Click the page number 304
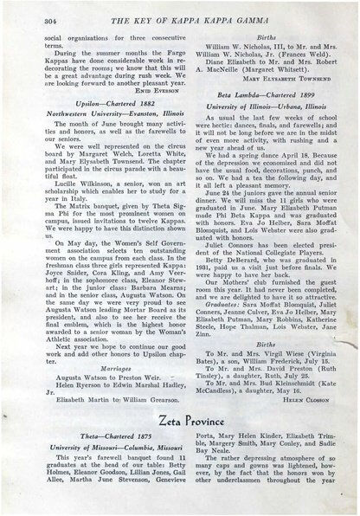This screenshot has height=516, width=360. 26,19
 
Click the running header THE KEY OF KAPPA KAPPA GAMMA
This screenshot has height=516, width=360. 190,19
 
